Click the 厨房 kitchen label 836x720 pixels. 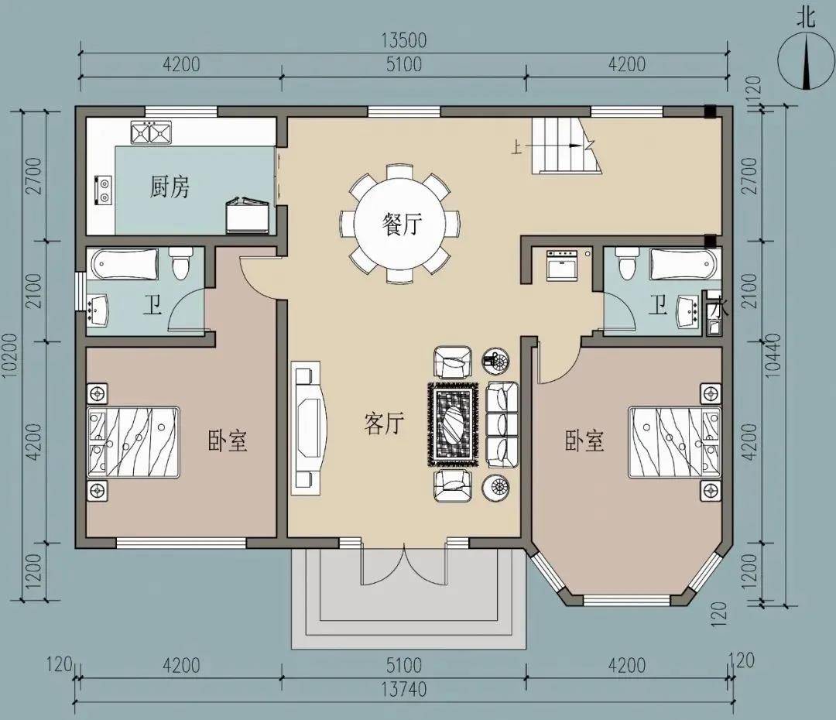tap(170, 187)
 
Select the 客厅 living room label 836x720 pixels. tap(384, 423)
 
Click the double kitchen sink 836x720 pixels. tap(151, 132)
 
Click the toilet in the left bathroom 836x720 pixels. tap(180, 263)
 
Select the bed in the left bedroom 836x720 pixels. tap(133, 441)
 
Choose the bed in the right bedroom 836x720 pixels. tap(674, 441)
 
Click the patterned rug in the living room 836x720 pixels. tap(454, 423)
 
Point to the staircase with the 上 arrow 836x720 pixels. tap(566, 146)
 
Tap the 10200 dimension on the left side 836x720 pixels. tap(11, 356)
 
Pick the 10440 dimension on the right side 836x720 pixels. tap(773, 355)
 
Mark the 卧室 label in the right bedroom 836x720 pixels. tap(585, 441)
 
